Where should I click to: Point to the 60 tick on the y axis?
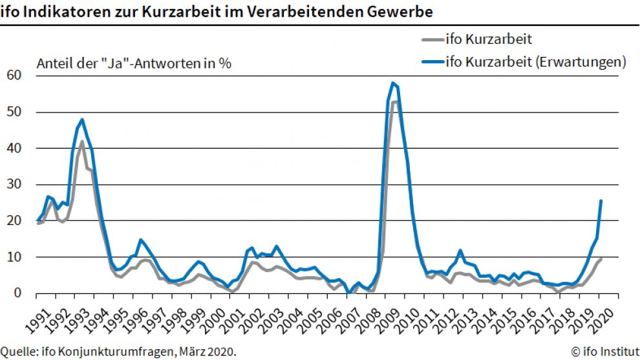(x=14, y=76)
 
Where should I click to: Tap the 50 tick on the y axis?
(x=14, y=112)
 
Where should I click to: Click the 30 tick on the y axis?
(x=14, y=184)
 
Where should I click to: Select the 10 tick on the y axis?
(x=14, y=257)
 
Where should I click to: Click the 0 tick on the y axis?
(x=17, y=293)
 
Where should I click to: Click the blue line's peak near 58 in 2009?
(x=392, y=83)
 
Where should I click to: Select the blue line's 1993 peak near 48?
(x=82, y=120)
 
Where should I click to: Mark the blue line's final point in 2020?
(x=601, y=200)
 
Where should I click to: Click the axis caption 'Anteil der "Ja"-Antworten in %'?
(x=134, y=63)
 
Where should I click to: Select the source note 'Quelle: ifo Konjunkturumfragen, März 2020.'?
(x=118, y=352)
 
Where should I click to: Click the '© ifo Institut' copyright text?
(x=604, y=352)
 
